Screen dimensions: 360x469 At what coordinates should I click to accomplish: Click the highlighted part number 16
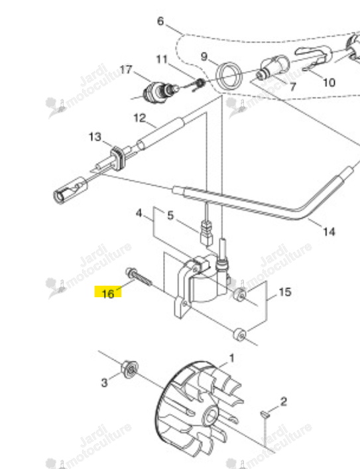point(108,293)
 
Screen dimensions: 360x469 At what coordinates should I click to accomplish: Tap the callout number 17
point(126,70)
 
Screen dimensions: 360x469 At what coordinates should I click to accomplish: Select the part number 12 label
point(139,118)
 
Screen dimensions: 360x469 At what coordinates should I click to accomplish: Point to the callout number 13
point(95,137)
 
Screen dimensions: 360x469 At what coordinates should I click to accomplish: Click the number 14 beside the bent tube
point(329,232)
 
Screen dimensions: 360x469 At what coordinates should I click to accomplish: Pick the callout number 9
point(204,56)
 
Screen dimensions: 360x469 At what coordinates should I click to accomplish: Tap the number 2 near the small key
point(284,401)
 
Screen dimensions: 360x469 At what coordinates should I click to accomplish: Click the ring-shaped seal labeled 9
point(229,75)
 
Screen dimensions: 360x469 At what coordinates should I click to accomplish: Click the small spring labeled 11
point(199,84)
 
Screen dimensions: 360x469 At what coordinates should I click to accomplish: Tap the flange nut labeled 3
point(129,369)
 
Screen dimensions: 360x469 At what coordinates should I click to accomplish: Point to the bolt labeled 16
point(139,277)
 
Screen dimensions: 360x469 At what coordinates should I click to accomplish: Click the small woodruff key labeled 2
point(265,414)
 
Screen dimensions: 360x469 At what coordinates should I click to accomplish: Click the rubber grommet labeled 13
point(119,156)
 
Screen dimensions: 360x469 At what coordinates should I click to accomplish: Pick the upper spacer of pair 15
point(240,295)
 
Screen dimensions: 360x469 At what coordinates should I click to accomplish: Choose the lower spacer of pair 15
point(239,334)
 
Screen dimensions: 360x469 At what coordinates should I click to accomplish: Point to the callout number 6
point(160,21)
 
